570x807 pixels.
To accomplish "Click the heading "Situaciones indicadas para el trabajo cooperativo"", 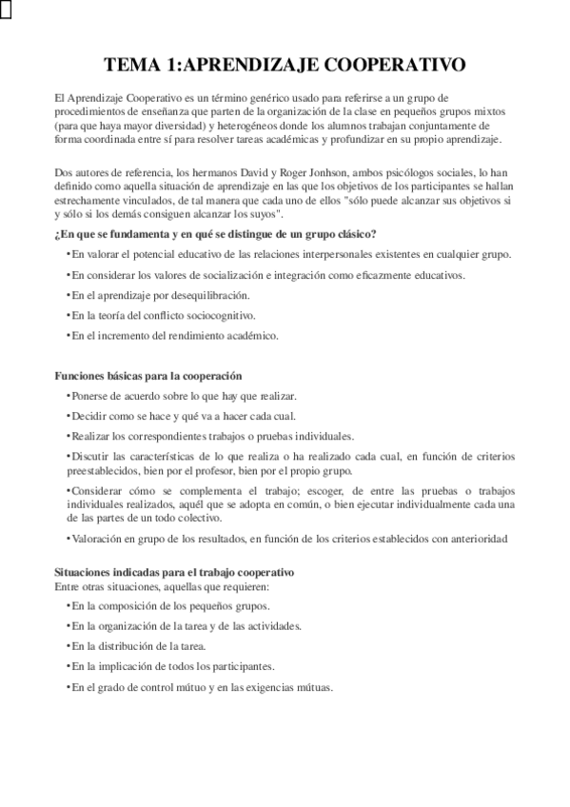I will click(x=174, y=573).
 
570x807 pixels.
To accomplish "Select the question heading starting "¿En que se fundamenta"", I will click(x=215, y=234).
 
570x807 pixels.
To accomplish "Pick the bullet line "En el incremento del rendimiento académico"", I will click(x=174, y=335).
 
